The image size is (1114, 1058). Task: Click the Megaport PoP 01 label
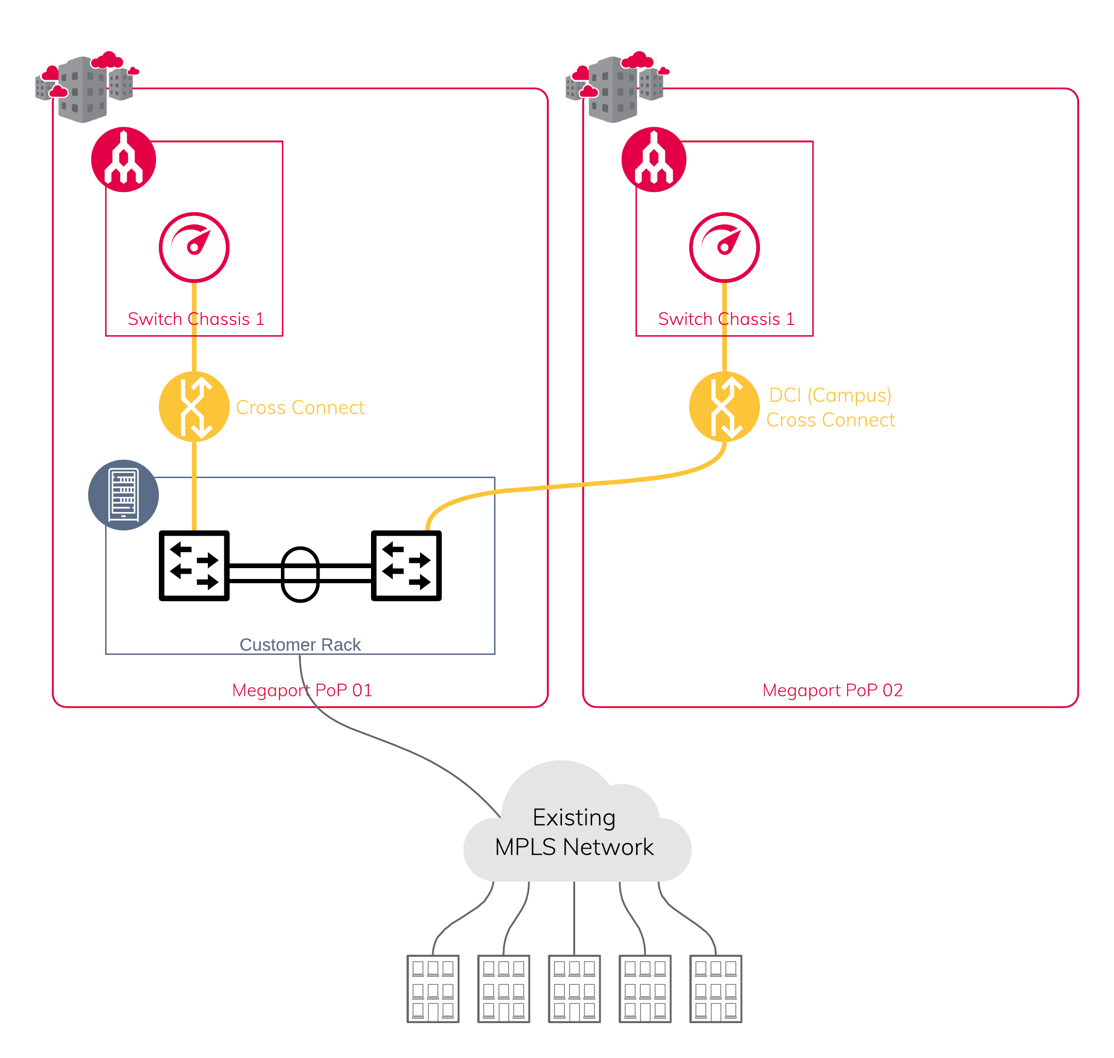coord(302,690)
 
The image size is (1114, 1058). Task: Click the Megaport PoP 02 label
coord(832,690)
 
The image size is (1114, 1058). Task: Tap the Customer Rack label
coord(300,645)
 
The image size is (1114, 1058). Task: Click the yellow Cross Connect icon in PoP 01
coord(194,406)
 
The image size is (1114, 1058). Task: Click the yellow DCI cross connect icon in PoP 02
coord(725,406)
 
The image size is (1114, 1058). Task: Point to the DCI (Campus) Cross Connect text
coord(830,407)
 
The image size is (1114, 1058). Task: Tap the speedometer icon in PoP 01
coord(194,247)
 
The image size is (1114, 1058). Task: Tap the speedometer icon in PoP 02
coord(725,247)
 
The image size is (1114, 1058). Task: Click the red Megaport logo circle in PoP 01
coord(124,160)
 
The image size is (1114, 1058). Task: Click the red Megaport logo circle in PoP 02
coord(654,160)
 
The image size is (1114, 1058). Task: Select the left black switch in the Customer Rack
coord(194,566)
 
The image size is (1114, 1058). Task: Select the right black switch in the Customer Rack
coord(406,566)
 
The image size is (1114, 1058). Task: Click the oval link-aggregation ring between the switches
coord(300,574)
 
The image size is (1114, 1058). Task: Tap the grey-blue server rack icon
coord(124,495)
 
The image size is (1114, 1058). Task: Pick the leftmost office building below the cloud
coord(433,989)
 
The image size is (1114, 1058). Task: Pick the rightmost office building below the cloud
coord(716,989)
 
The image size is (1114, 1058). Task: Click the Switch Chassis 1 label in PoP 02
coord(726,319)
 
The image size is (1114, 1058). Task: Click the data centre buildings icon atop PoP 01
coord(84,87)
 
